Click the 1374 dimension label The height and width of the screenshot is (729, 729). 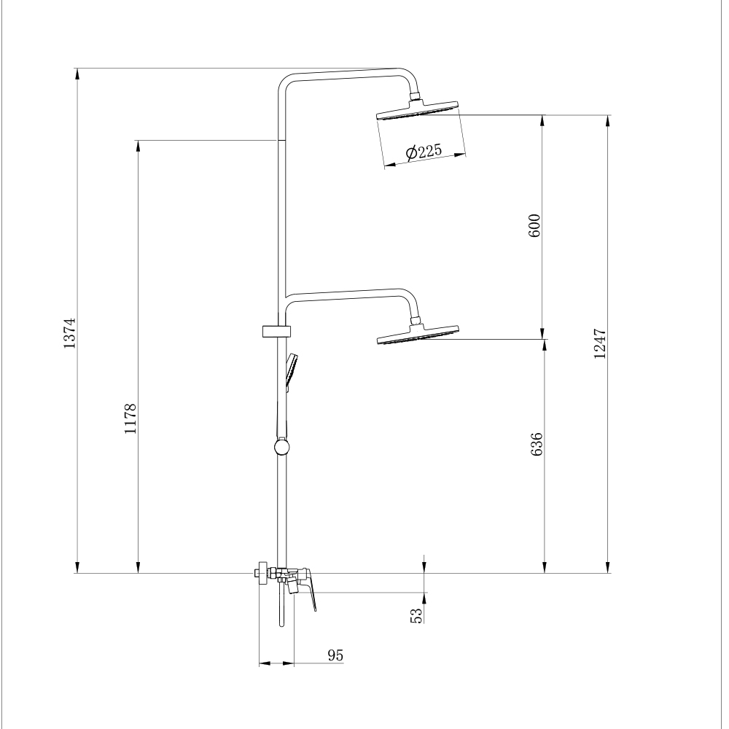click(x=69, y=333)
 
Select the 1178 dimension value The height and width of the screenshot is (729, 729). click(x=130, y=418)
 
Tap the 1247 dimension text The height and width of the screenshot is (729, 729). click(x=600, y=343)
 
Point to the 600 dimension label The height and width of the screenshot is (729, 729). click(x=534, y=225)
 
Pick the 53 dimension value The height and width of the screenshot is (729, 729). click(x=416, y=615)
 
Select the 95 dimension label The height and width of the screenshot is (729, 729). click(x=335, y=655)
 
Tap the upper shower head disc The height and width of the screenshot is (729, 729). click(x=418, y=111)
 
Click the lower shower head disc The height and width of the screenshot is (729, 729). click(x=418, y=335)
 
